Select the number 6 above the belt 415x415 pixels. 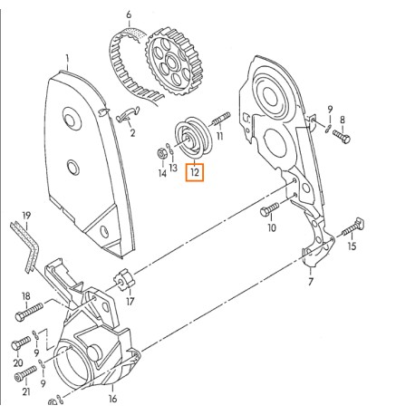point(129,15)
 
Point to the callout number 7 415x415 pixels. point(310,282)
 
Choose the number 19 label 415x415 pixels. point(26,215)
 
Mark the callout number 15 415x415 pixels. point(352,246)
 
